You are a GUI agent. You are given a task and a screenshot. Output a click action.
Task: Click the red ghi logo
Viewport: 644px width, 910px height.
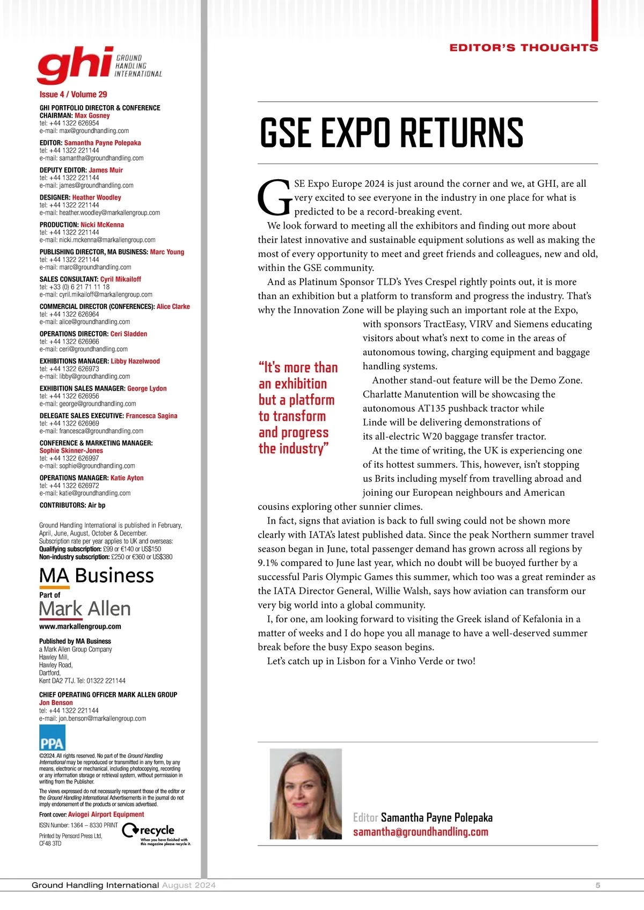click(75, 65)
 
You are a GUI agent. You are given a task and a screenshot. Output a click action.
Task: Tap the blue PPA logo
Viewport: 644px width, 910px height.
click(52, 737)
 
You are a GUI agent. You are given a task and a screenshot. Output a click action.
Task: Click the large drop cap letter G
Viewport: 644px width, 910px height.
click(275, 197)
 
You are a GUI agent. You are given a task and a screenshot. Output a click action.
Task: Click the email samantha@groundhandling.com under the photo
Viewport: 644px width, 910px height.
click(420, 832)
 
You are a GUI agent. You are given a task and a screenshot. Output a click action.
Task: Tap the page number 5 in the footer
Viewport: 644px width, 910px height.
click(597, 885)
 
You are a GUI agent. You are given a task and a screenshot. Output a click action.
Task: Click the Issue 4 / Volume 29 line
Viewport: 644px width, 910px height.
click(73, 94)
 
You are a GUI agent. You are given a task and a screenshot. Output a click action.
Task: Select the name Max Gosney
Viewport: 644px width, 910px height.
click(92, 115)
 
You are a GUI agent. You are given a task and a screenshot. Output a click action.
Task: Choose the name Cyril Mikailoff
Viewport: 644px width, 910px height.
click(121, 279)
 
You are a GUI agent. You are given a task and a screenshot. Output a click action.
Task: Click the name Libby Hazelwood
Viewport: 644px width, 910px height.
click(135, 361)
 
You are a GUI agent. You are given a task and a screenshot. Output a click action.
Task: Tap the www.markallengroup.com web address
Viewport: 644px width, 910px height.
click(80, 626)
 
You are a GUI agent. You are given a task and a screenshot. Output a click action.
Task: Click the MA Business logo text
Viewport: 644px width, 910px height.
click(97, 575)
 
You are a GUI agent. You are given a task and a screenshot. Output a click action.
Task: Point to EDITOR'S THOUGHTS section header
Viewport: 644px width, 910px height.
click(523, 48)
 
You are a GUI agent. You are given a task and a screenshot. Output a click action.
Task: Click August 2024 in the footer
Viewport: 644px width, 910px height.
click(188, 885)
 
